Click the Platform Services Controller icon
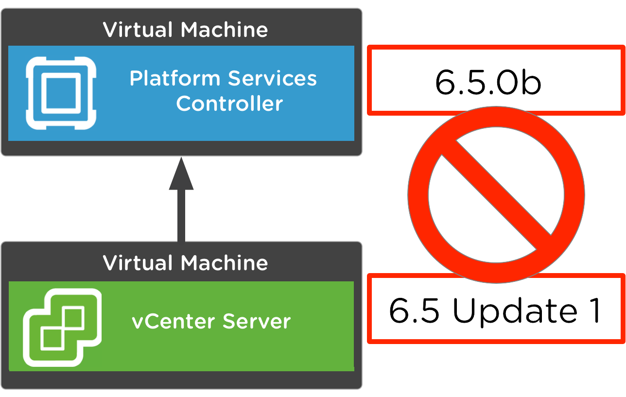tap(61, 93)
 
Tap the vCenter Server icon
tap(62, 327)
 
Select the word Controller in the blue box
tap(229, 104)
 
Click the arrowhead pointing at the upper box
tap(181, 174)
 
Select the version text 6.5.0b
tap(487, 81)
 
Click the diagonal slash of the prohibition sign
tap(496, 194)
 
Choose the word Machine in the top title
tap(224, 30)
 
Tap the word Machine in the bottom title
tap(224, 263)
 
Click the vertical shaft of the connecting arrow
tap(181, 216)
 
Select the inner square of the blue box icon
tap(61, 93)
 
